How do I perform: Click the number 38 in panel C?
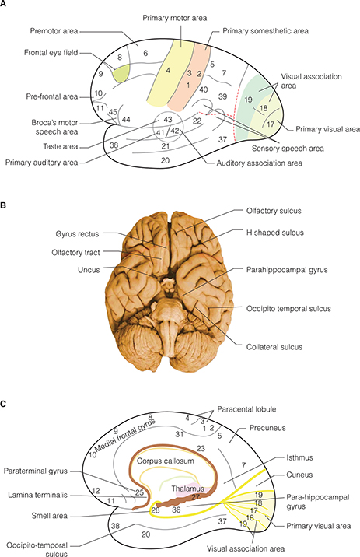point(115,527)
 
